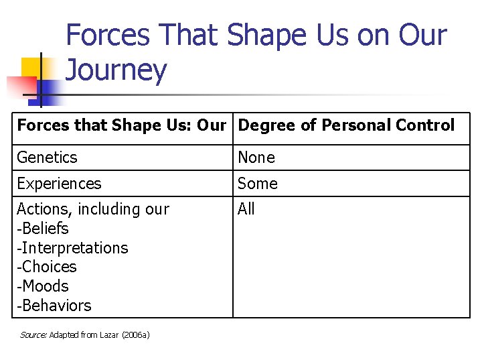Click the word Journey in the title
116,70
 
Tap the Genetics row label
47,158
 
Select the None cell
256,158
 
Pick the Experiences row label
59,184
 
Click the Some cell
258,184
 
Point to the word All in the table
246,209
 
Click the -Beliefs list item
42,229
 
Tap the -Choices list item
46,267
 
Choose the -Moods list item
42,286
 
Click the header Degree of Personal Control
346,125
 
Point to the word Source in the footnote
33,335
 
